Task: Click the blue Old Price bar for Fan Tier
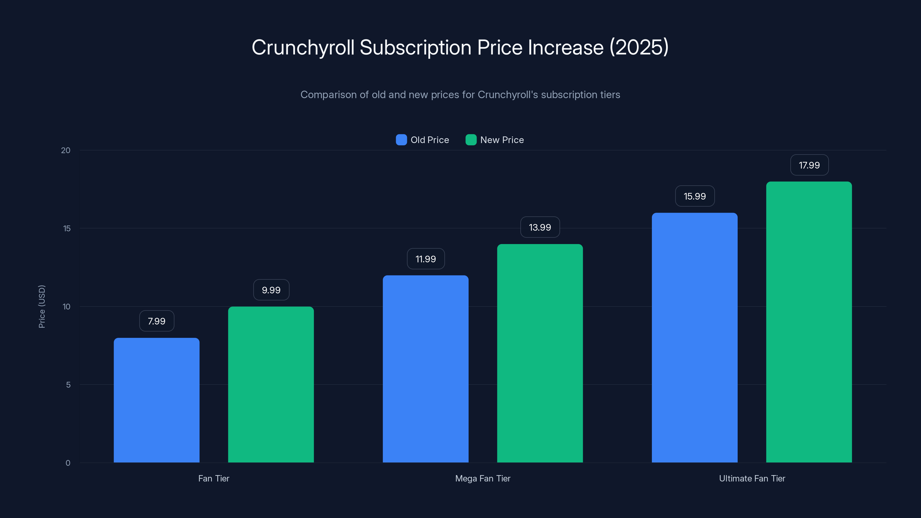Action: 157,400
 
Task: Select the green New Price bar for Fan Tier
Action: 271,384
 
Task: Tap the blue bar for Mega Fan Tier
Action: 425,369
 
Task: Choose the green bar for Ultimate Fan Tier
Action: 809,322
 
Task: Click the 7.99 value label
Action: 157,321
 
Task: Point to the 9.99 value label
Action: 271,290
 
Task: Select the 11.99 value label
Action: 425,259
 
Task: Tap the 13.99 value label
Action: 540,227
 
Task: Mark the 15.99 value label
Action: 695,196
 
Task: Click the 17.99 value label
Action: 809,165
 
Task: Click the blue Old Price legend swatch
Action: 401,140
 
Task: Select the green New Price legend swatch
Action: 471,140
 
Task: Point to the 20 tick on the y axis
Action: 66,151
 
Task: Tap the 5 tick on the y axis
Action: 68,385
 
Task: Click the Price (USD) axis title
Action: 42,306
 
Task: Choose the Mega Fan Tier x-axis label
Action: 483,478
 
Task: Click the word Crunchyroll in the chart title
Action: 303,47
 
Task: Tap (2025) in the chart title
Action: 639,47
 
